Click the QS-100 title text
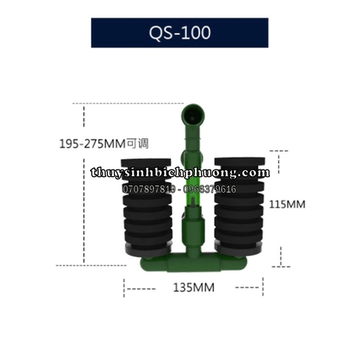(x=179, y=33)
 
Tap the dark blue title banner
(x=112, y=33)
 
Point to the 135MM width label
(x=193, y=286)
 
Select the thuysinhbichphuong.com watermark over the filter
(x=180, y=172)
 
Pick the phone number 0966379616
(x=212, y=189)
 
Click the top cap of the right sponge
(x=240, y=161)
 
